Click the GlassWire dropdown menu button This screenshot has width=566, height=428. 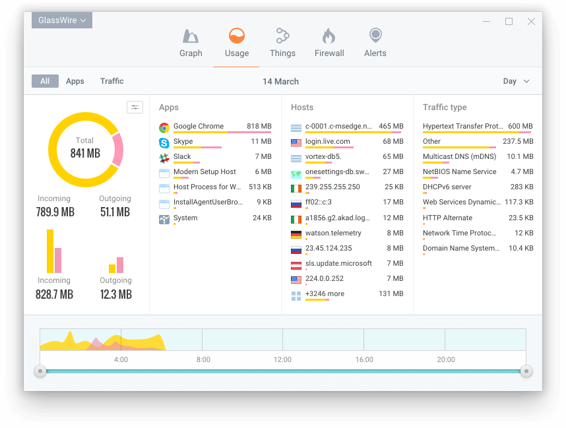click(62, 20)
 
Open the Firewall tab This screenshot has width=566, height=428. click(329, 43)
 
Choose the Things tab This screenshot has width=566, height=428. click(282, 43)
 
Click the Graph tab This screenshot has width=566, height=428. click(191, 43)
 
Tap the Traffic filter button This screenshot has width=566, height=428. click(112, 81)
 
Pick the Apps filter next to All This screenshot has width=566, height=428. click(75, 81)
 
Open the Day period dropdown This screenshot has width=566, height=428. click(516, 81)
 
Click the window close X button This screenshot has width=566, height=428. click(531, 21)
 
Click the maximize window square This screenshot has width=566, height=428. click(509, 21)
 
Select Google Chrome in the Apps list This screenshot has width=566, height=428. click(199, 126)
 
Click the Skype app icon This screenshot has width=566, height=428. click(164, 142)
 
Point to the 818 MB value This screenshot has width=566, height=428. click(259, 126)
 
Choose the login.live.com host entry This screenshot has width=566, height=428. click(328, 141)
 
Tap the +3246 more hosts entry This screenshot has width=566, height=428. click(325, 293)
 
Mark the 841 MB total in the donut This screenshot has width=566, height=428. click(85, 153)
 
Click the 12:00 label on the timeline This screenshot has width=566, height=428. click(282, 359)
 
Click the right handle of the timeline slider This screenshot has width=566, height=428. click(526, 371)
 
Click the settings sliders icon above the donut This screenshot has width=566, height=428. click(135, 107)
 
